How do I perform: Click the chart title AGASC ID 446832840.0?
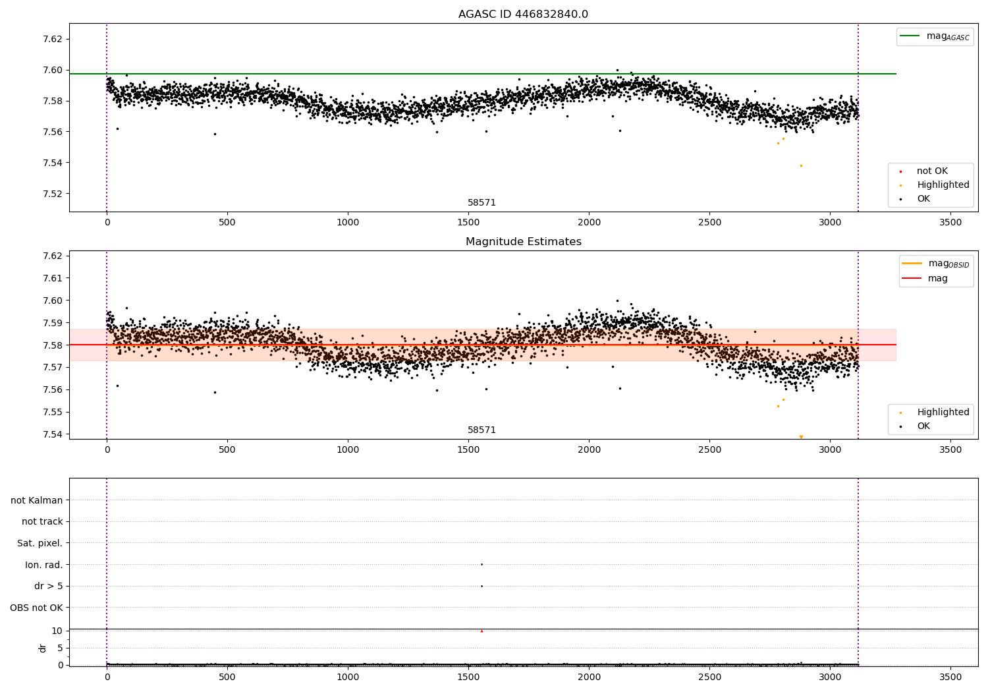[x=523, y=14]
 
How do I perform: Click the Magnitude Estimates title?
[x=523, y=242]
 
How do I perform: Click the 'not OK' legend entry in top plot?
[x=932, y=171]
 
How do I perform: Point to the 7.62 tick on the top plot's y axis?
[x=53, y=39]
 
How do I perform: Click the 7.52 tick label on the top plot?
[x=53, y=194]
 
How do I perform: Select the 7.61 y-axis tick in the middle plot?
[x=53, y=278]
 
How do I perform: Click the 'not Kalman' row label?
[x=37, y=500]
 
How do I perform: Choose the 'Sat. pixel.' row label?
[x=40, y=543]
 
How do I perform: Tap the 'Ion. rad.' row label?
[x=44, y=565]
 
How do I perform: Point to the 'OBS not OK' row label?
[x=37, y=608]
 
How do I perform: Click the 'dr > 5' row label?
[x=49, y=586]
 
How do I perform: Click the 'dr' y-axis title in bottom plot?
[x=43, y=648]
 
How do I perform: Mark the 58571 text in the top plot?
[x=481, y=203]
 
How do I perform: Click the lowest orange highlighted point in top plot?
[x=801, y=165]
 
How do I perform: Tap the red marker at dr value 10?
[x=481, y=631]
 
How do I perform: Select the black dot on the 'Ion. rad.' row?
[x=481, y=564]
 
